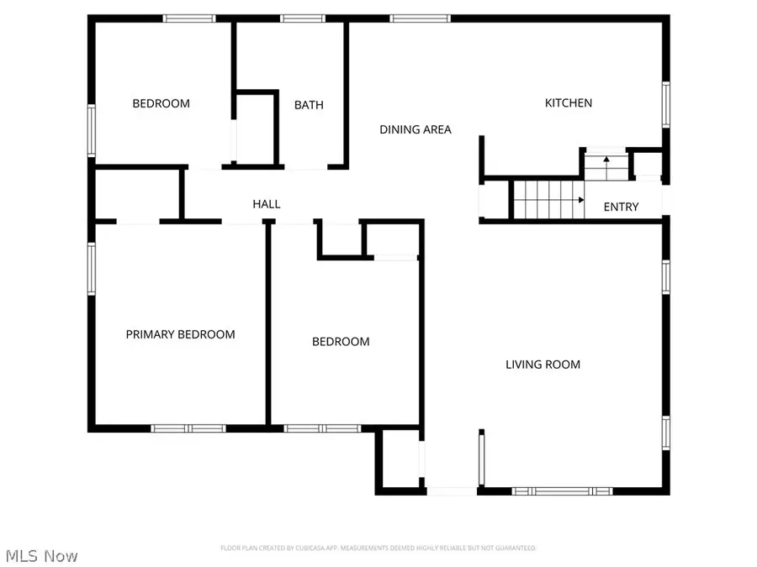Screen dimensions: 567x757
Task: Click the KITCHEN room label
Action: click(x=569, y=103)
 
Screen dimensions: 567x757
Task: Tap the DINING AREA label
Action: click(x=416, y=129)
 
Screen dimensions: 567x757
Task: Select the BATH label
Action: click(x=309, y=105)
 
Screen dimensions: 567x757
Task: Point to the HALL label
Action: click(x=267, y=204)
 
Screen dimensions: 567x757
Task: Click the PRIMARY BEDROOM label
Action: click(x=180, y=334)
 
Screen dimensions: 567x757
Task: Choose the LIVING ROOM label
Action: click(x=543, y=365)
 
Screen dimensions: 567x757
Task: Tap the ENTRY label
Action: click(x=622, y=207)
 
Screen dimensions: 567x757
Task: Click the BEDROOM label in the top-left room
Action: click(x=161, y=104)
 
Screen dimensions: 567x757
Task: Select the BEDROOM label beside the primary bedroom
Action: click(x=341, y=342)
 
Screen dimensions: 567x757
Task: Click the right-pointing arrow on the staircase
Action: click(x=580, y=200)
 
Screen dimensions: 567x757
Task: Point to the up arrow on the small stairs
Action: click(x=606, y=160)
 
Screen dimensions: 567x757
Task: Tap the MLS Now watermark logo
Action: click(x=42, y=556)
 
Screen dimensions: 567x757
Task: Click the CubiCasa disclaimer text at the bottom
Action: click(x=378, y=549)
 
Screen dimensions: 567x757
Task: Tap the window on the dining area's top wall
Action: click(x=420, y=18)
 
